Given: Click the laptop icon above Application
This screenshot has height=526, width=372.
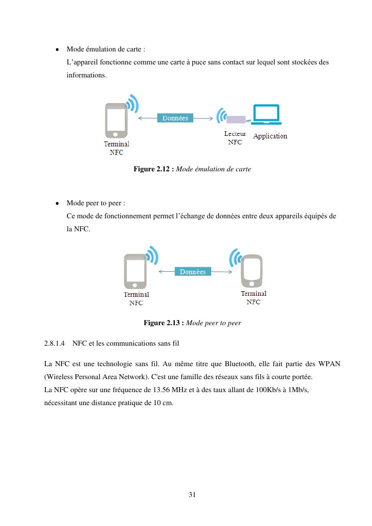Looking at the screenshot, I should point(267,115).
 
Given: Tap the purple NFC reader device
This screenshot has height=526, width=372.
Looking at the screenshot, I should point(236,119).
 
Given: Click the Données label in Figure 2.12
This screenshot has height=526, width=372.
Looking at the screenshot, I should point(175,118).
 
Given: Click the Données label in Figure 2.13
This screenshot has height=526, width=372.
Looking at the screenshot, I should point(193,272).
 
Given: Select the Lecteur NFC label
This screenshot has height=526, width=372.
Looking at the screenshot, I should point(235,138).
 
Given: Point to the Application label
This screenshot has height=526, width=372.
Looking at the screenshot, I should point(270,136).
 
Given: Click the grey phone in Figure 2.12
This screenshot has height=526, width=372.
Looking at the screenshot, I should point(116,120).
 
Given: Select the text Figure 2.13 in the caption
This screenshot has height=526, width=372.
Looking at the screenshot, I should point(164,323).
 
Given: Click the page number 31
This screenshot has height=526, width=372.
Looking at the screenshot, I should point(192,495).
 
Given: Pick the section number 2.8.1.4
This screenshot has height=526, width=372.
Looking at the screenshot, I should point(54,344).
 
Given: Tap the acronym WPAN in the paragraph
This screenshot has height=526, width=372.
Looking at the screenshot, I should point(330,364).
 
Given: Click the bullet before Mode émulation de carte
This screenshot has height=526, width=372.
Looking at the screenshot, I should point(58,50).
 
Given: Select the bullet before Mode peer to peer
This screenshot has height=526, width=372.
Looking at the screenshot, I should point(58,204).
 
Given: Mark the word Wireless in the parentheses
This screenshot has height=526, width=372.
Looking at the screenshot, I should point(58,377).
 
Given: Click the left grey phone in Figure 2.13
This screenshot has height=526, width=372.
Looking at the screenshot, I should point(135,272).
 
